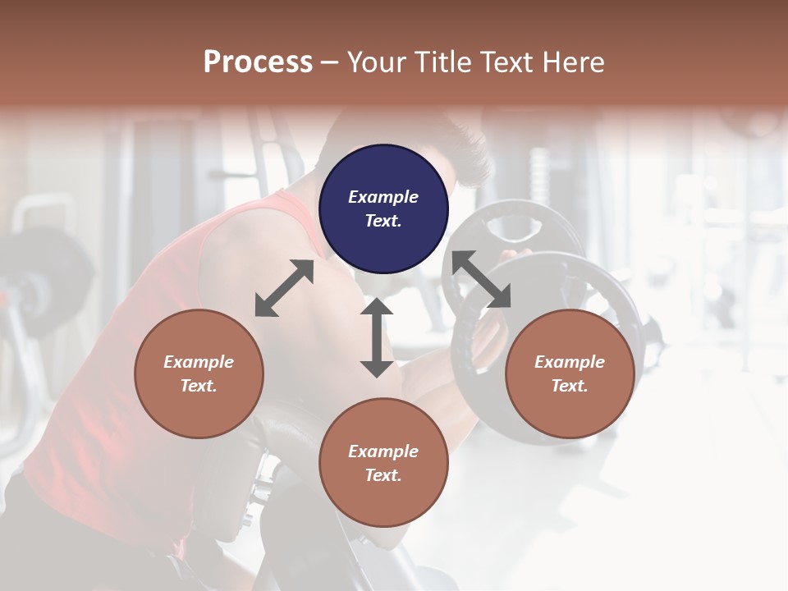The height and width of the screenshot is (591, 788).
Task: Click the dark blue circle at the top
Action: (383, 208)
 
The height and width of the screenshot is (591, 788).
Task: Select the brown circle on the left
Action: (199, 373)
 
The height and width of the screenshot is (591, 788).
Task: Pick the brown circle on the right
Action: (570, 373)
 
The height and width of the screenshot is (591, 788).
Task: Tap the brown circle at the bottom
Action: (383, 462)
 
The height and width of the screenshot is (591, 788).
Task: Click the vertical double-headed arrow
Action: (377, 337)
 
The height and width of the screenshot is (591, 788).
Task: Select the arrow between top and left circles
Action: (284, 288)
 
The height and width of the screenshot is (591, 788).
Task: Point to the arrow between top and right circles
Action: (481, 280)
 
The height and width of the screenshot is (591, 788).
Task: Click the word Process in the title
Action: (258, 62)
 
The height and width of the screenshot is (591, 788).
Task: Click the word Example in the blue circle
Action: (383, 197)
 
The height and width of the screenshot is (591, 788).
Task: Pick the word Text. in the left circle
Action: (199, 386)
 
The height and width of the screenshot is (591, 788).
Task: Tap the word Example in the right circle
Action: (570, 362)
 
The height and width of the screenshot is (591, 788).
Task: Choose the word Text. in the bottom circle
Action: (383, 475)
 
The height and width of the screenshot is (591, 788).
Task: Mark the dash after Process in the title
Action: (330, 62)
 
